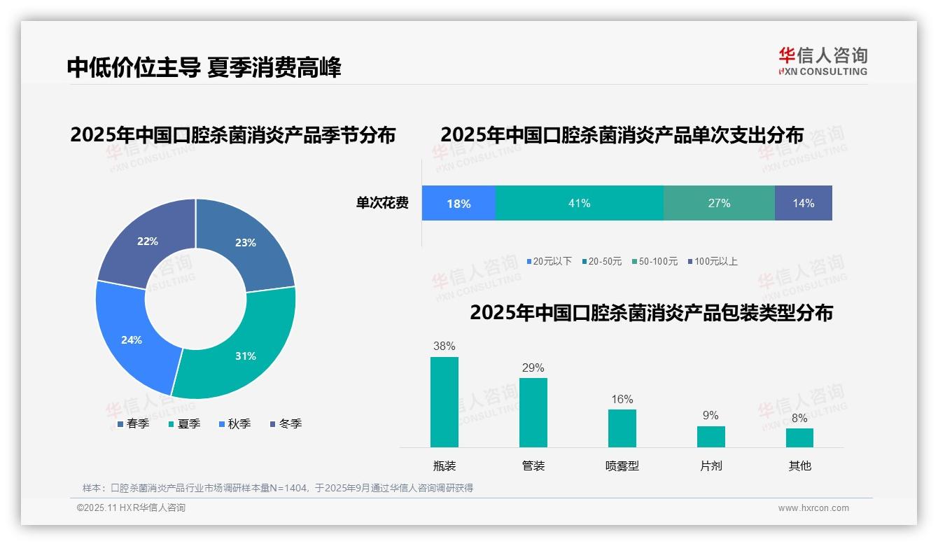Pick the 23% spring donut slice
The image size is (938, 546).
click(x=245, y=241)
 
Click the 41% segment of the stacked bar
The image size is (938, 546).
click(x=579, y=203)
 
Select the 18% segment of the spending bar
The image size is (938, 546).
click(x=458, y=203)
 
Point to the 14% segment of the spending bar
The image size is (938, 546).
click(x=803, y=203)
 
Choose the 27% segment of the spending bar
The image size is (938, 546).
click(x=719, y=203)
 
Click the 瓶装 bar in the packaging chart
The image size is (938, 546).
click(x=444, y=402)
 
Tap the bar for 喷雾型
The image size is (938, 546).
click(x=622, y=428)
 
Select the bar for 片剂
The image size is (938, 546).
click(x=710, y=436)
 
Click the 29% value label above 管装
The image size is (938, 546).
click(x=533, y=367)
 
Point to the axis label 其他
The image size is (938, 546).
click(x=799, y=465)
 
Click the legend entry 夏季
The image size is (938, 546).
click(x=185, y=423)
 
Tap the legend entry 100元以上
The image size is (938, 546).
click(x=712, y=261)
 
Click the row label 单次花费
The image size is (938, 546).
click(x=382, y=203)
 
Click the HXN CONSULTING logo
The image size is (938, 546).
click(x=823, y=62)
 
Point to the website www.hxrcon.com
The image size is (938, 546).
click(x=813, y=508)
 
